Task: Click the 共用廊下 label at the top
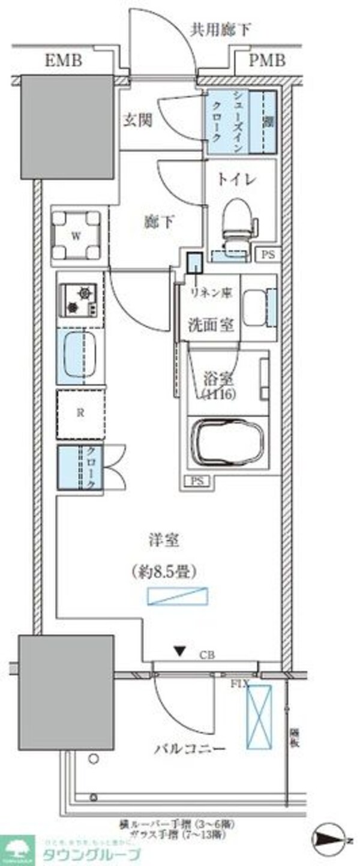pyautogui.click(x=220, y=29)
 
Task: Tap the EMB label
pyautogui.click(x=64, y=61)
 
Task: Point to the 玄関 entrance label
pyautogui.click(x=137, y=119)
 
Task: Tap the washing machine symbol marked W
pyautogui.click(x=76, y=235)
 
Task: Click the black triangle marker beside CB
pyautogui.click(x=179, y=651)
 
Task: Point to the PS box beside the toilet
pyautogui.click(x=268, y=254)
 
